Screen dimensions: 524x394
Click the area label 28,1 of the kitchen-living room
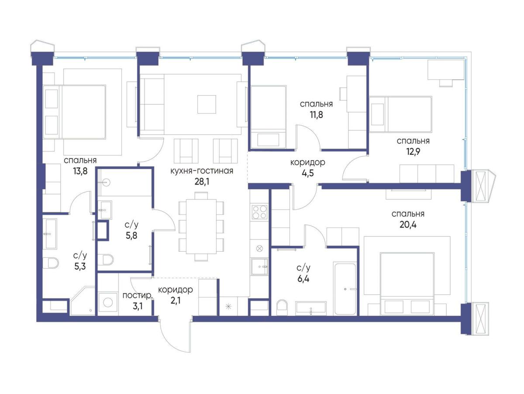(202, 182)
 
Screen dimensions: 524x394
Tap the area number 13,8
(80, 171)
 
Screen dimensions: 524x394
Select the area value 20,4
(408, 225)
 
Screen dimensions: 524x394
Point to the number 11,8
(316, 114)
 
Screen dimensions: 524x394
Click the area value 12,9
(413, 152)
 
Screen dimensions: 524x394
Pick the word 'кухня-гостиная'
(202, 171)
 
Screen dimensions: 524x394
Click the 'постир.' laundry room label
(137, 296)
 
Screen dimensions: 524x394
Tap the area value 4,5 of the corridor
(308, 173)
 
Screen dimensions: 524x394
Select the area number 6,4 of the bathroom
(303, 279)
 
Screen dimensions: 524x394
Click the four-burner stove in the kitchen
(259, 212)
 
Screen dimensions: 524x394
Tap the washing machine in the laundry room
(108, 303)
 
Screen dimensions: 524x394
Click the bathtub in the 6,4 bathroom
(345, 289)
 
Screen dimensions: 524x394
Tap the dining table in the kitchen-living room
(201, 227)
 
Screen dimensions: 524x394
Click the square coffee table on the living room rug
(207, 104)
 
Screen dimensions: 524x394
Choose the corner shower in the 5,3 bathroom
(83, 301)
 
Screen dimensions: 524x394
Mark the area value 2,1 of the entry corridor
(176, 300)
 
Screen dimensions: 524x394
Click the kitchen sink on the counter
(259, 266)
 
